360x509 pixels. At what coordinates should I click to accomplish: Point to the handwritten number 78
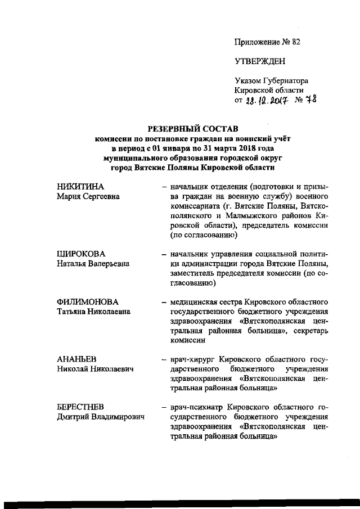[311, 100]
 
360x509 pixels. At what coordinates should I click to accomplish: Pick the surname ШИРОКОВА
[82, 253]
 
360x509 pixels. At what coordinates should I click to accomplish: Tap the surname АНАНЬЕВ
[77, 358]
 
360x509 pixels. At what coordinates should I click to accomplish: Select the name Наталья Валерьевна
[93, 263]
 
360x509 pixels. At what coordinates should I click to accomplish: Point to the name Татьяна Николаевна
[93, 312]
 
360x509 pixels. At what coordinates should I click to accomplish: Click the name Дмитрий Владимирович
[101, 417]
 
